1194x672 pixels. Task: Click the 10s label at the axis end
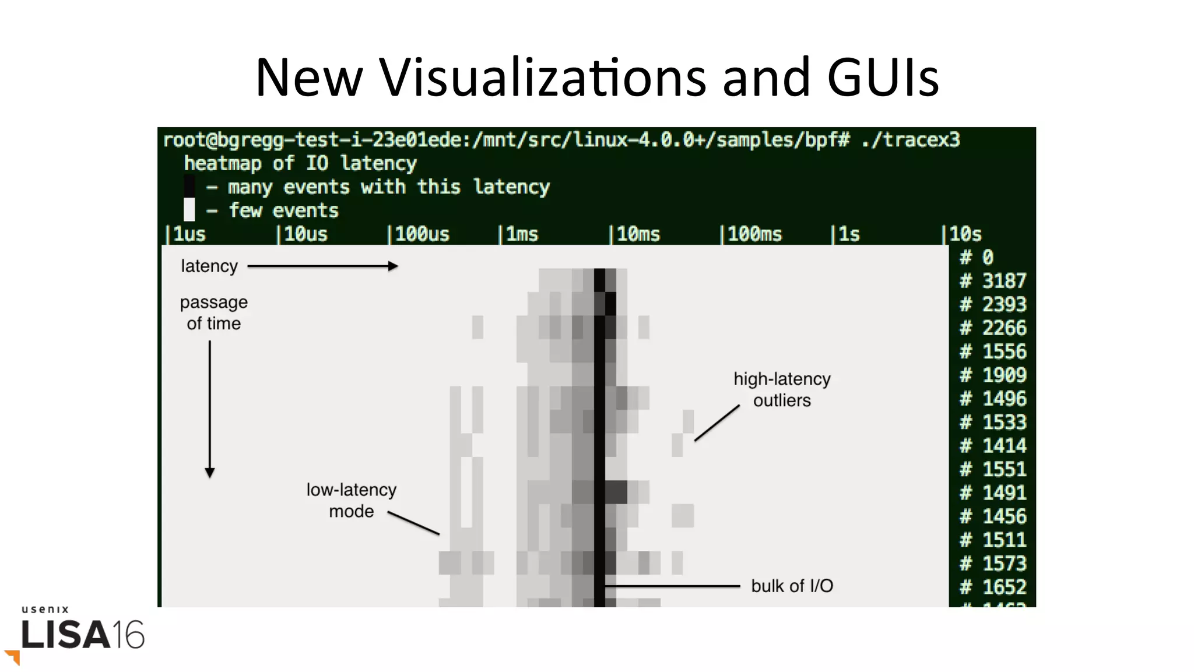pyautogui.click(x=965, y=234)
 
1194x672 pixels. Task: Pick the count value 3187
pyautogui.click(x=1003, y=281)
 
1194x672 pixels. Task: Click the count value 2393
pyautogui.click(x=1003, y=304)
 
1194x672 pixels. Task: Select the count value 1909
pyautogui.click(x=1003, y=375)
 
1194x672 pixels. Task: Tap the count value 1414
pyautogui.click(x=1003, y=446)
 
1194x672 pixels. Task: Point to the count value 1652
pyautogui.click(x=1003, y=586)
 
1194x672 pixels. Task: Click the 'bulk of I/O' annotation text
pyautogui.click(x=792, y=586)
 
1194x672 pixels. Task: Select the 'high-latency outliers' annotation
pyautogui.click(x=782, y=389)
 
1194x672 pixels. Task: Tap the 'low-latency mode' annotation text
pyautogui.click(x=351, y=500)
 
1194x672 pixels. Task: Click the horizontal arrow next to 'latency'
pyautogui.click(x=323, y=266)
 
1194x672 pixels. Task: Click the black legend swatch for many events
pyautogui.click(x=189, y=186)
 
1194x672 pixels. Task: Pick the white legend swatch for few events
pyautogui.click(x=189, y=209)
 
